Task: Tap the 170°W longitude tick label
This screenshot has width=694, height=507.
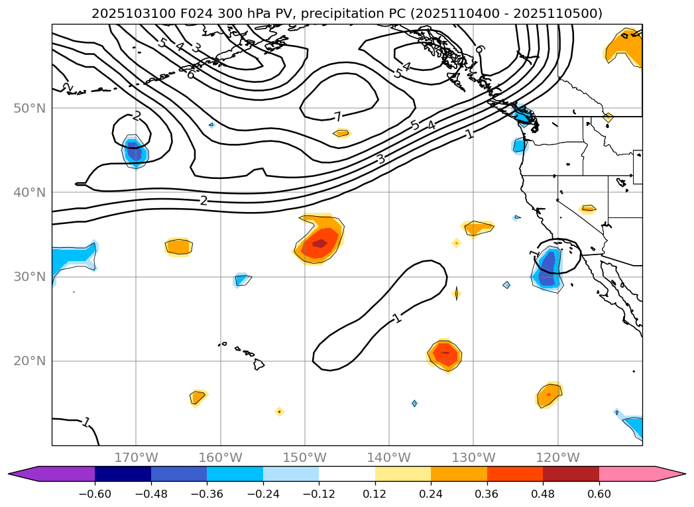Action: pyautogui.click(x=136, y=457)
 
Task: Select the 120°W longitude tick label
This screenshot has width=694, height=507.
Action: pyautogui.click(x=557, y=457)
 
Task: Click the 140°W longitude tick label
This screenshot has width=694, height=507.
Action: pyautogui.click(x=389, y=457)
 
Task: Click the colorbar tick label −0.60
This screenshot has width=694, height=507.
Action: pyautogui.click(x=95, y=494)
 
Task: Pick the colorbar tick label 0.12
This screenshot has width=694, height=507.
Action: pyautogui.click(x=375, y=494)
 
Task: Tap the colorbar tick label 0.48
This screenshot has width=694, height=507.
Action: pyautogui.click(x=543, y=494)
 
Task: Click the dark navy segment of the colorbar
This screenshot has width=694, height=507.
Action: pyautogui.click(x=123, y=473)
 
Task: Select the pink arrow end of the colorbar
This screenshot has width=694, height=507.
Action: pyautogui.click(x=669, y=473)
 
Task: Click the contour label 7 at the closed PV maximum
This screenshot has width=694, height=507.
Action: pyautogui.click(x=338, y=117)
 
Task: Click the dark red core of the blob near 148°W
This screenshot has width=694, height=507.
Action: pyautogui.click(x=319, y=243)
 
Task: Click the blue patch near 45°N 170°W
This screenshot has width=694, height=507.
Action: pyautogui.click(x=135, y=152)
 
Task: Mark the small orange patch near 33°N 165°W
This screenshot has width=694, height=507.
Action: pyautogui.click(x=178, y=247)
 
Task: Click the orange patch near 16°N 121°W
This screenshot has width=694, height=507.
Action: pyautogui.click(x=549, y=395)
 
